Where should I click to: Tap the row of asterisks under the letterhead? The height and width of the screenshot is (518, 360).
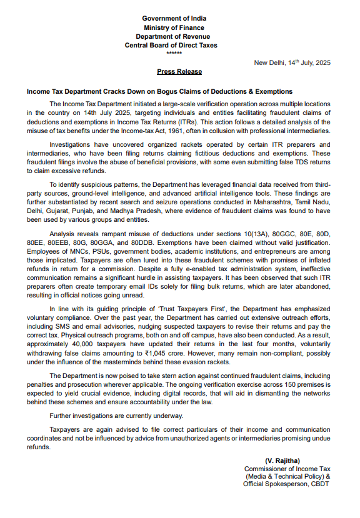pyautogui.click(x=179, y=53)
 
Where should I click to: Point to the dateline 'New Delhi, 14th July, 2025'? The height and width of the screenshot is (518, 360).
pyautogui.click(x=292, y=63)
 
